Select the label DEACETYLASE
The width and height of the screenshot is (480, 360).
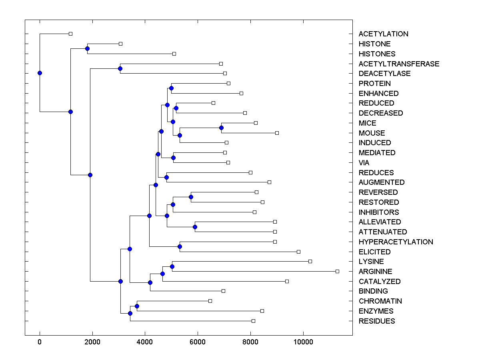(384, 74)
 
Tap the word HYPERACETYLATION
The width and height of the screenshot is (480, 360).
(396, 242)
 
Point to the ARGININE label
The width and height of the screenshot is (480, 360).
(375, 272)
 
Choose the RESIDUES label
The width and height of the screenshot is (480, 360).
(376, 321)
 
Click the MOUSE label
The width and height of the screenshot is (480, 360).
(372, 133)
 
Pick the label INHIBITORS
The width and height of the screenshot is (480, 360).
(378, 212)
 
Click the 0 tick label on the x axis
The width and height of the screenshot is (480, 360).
(40, 342)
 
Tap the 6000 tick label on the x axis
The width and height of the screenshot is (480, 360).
(198, 342)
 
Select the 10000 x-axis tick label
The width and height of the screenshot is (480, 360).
(303, 342)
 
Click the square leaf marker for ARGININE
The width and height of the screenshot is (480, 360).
(337, 271)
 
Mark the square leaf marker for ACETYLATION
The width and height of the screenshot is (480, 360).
(70, 34)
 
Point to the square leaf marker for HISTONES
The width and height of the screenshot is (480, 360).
(174, 54)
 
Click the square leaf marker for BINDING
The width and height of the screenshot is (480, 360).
(223, 291)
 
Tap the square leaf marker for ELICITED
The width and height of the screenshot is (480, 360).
(298, 252)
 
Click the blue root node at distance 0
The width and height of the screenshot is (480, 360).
(40, 73)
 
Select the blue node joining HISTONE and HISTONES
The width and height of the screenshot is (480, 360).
(87, 48)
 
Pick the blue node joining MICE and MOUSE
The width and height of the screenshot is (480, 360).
(221, 128)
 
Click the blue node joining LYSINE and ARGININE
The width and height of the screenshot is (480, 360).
(172, 266)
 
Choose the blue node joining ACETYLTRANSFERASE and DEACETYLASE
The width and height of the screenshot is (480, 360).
(120, 68)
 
